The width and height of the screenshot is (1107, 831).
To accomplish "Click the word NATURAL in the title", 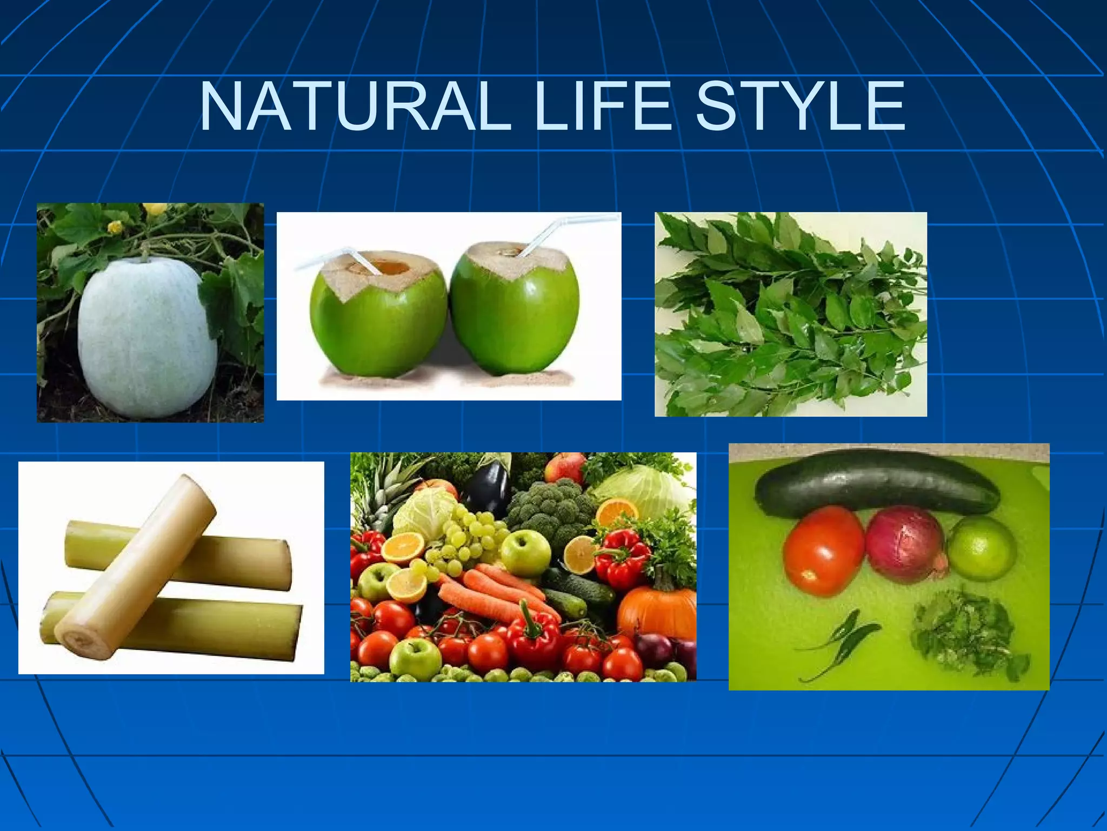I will (355, 107).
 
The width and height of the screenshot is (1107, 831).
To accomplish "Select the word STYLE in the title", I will (800, 107).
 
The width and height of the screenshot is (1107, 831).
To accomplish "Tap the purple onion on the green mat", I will (906, 544).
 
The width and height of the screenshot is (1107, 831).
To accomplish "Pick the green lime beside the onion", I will (981, 546).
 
